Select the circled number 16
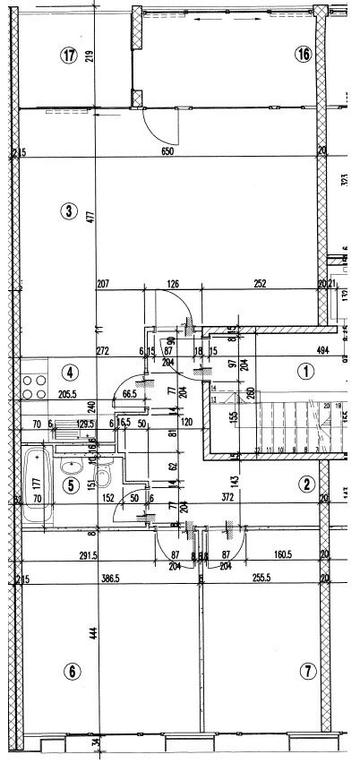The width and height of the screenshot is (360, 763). point(303,55)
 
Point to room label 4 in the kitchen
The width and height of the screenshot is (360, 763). point(68,372)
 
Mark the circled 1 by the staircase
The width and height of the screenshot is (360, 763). point(305,370)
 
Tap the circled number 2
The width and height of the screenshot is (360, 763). point(306,484)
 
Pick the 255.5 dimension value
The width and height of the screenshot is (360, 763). point(261,580)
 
